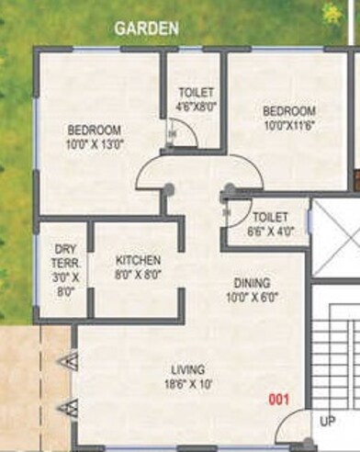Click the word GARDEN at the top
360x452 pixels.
coord(147,28)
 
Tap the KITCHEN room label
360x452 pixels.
coord(139,260)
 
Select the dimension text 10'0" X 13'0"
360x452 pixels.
coord(94,143)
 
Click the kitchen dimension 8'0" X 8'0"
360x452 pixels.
coord(139,274)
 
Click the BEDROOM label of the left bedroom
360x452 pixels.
coord(94,130)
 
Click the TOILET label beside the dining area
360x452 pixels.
coord(270,217)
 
